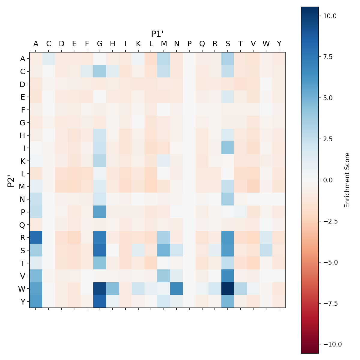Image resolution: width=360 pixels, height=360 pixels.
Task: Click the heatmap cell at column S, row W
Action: pyautogui.click(x=228, y=289)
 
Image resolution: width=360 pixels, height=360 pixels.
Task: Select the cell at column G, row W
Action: pyautogui.click(x=100, y=289)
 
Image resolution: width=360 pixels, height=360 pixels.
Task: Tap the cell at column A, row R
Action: pyautogui.click(x=36, y=237)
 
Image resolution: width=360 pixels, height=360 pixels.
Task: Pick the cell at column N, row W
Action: pyautogui.click(x=177, y=289)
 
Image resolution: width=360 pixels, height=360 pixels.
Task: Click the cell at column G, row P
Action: pyautogui.click(x=100, y=212)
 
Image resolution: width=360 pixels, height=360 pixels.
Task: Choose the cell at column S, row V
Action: pyautogui.click(x=228, y=276)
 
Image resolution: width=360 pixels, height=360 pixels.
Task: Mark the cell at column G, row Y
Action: pyautogui.click(x=100, y=301)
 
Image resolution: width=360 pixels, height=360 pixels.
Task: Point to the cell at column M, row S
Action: pyautogui.click(x=164, y=250)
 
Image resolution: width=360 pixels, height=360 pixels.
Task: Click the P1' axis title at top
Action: pyautogui.click(x=157, y=34)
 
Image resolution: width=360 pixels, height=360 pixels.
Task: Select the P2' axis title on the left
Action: pyautogui.click(x=11, y=180)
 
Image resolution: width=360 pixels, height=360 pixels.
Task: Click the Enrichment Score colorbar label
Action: pyautogui.click(x=347, y=180)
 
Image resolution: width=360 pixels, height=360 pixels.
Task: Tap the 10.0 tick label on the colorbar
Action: pyautogui.click(x=330, y=16)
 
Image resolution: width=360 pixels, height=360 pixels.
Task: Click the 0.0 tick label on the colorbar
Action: pyautogui.click(x=328, y=180)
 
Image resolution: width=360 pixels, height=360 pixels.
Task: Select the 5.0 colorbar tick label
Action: pyautogui.click(x=328, y=98)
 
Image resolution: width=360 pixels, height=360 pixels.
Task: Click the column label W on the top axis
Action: pyautogui.click(x=266, y=44)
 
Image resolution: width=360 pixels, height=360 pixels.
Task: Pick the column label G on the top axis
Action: pyautogui.click(x=100, y=44)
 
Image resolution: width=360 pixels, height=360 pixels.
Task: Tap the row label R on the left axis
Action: pyautogui.click(x=22, y=238)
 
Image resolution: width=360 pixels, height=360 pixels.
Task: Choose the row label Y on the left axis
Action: pyautogui.click(x=22, y=302)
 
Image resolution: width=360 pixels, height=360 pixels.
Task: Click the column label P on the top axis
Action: pyautogui.click(x=189, y=44)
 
